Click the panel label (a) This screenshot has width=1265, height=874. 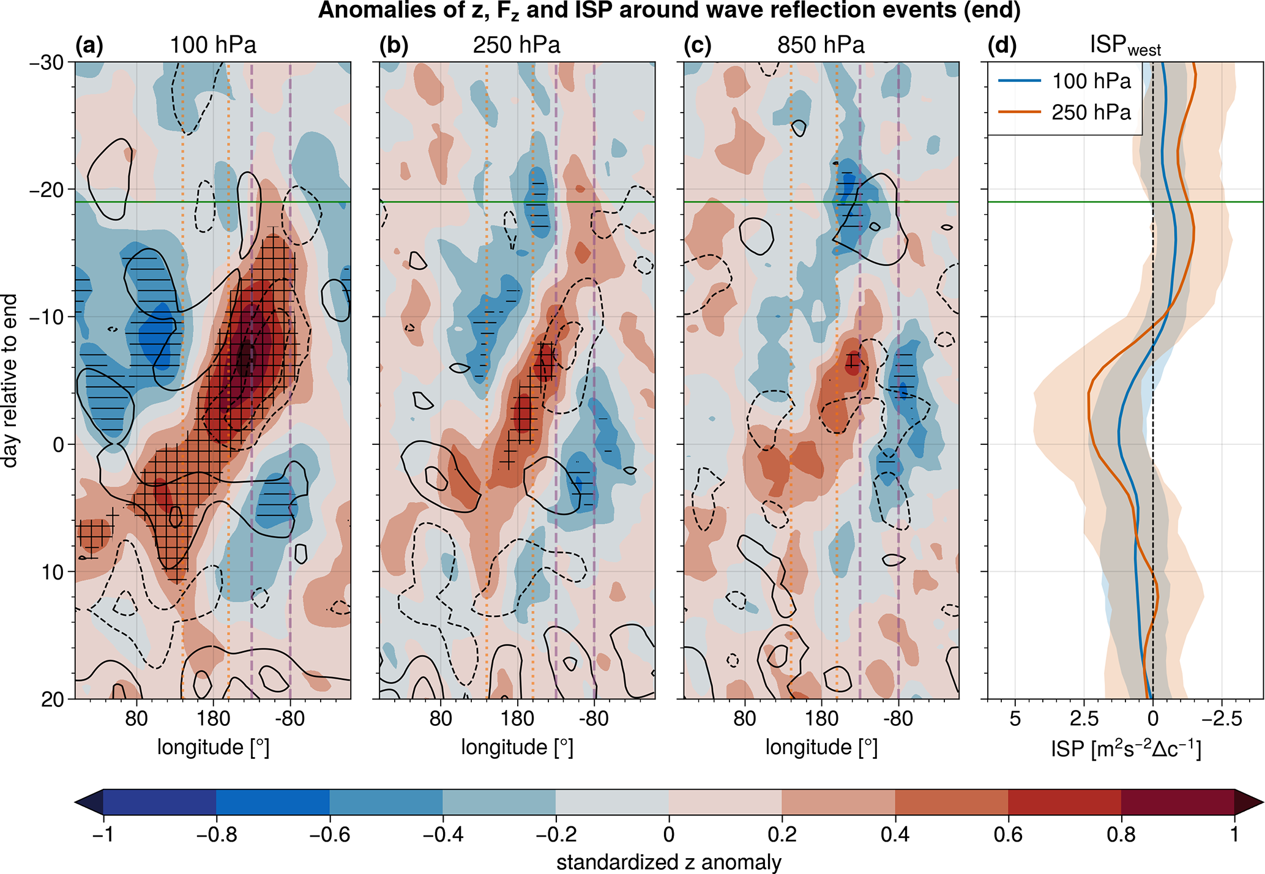tap(89, 46)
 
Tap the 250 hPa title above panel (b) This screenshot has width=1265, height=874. tap(516, 46)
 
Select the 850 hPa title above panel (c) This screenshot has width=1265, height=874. tap(821, 46)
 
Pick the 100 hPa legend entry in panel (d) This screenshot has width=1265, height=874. tap(1091, 81)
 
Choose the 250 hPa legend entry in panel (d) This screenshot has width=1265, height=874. tap(1091, 113)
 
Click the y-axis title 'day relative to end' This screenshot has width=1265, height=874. tap(10, 381)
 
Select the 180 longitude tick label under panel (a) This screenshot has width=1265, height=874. tap(213, 719)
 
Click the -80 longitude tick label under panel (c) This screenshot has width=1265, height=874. tap(898, 719)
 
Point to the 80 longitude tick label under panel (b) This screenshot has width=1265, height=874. tap(441, 719)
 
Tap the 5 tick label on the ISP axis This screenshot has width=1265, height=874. tap(1015, 719)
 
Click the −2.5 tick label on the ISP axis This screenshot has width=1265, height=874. tap(1222, 719)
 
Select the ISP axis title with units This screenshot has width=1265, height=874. tap(1125, 749)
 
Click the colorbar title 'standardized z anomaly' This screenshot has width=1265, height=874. tap(668, 862)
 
